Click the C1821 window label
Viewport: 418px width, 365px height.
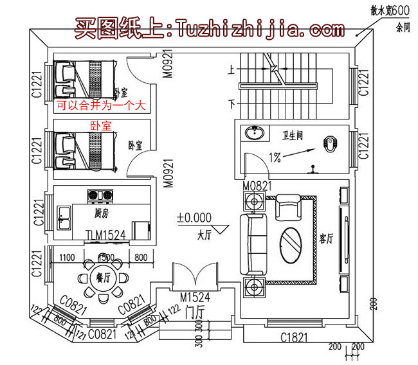point(296,337)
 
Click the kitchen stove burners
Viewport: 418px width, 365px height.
point(100,193)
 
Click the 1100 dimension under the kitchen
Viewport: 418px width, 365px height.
point(68,258)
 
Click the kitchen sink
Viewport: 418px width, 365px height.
point(64,215)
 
